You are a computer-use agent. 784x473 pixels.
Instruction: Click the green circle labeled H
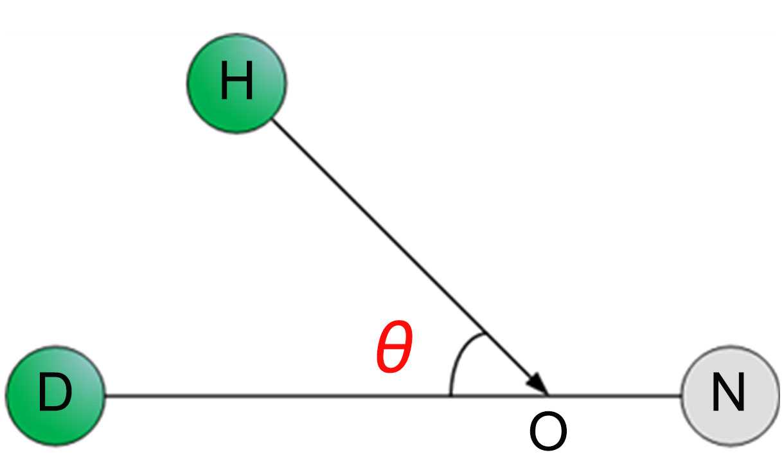pyautogui.click(x=236, y=84)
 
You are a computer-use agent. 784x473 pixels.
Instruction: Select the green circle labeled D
pyautogui.click(x=55, y=395)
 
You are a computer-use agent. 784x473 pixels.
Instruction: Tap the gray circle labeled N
pyautogui.click(x=730, y=395)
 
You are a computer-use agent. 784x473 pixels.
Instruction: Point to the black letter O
pyautogui.click(x=548, y=432)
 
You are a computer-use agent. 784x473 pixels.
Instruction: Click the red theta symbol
pyautogui.click(x=393, y=349)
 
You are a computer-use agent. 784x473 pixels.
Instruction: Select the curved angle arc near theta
pyautogui.click(x=457, y=360)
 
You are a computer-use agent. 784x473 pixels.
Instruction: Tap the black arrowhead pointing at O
pyautogui.click(x=537, y=383)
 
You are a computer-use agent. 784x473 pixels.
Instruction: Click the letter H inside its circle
pyautogui.click(x=236, y=84)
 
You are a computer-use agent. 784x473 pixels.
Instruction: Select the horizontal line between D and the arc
pyautogui.click(x=276, y=395)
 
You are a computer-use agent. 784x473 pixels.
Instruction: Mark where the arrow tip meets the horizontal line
pyautogui.click(x=547, y=395)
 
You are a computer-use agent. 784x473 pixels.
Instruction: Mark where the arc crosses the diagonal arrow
pyautogui.click(x=483, y=333)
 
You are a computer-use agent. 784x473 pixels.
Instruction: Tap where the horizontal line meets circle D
pyautogui.click(x=105, y=395)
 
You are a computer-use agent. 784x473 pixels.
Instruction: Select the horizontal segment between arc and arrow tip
pyautogui.click(x=498, y=395)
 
